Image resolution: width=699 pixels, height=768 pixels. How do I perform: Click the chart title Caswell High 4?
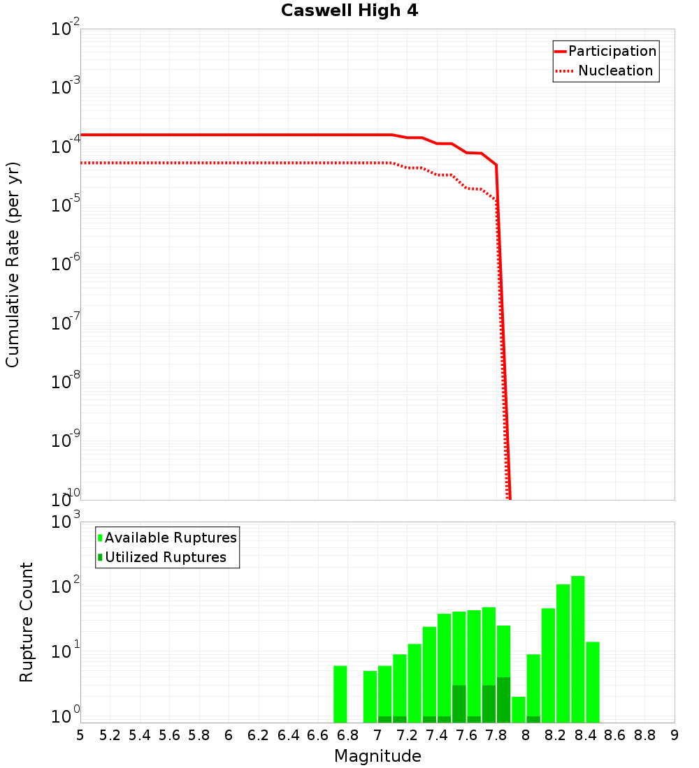pyautogui.click(x=349, y=11)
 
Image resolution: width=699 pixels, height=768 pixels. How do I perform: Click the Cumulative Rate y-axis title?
pyautogui.click(x=13, y=264)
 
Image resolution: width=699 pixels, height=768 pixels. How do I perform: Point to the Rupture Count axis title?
pyautogui.click(x=27, y=621)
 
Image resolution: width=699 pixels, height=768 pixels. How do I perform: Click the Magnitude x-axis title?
pyautogui.click(x=377, y=756)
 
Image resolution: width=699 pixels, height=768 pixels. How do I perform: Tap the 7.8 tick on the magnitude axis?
pyautogui.click(x=496, y=735)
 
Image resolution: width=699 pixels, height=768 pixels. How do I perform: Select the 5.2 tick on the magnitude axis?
pyautogui.click(x=110, y=735)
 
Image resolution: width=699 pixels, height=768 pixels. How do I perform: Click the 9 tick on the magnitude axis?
pyautogui.click(x=675, y=735)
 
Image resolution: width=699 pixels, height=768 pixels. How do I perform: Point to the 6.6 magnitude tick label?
pyautogui.click(x=317, y=735)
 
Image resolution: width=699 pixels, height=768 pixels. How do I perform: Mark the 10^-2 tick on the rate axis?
pyautogui.click(x=65, y=30)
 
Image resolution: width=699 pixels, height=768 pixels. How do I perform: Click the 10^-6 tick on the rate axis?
pyautogui.click(x=65, y=265)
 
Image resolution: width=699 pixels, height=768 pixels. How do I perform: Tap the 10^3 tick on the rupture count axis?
pyautogui.click(x=65, y=522)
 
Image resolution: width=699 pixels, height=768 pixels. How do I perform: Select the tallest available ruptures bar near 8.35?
pyautogui.click(x=577, y=649)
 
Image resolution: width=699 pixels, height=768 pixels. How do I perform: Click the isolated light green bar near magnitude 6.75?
pyautogui.click(x=340, y=694)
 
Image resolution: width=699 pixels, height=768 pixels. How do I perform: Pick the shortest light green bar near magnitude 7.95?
pyautogui.click(x=518, y=709)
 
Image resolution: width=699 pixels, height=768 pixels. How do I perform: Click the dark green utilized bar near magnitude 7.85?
pyautogui.click(x=503, y=700)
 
